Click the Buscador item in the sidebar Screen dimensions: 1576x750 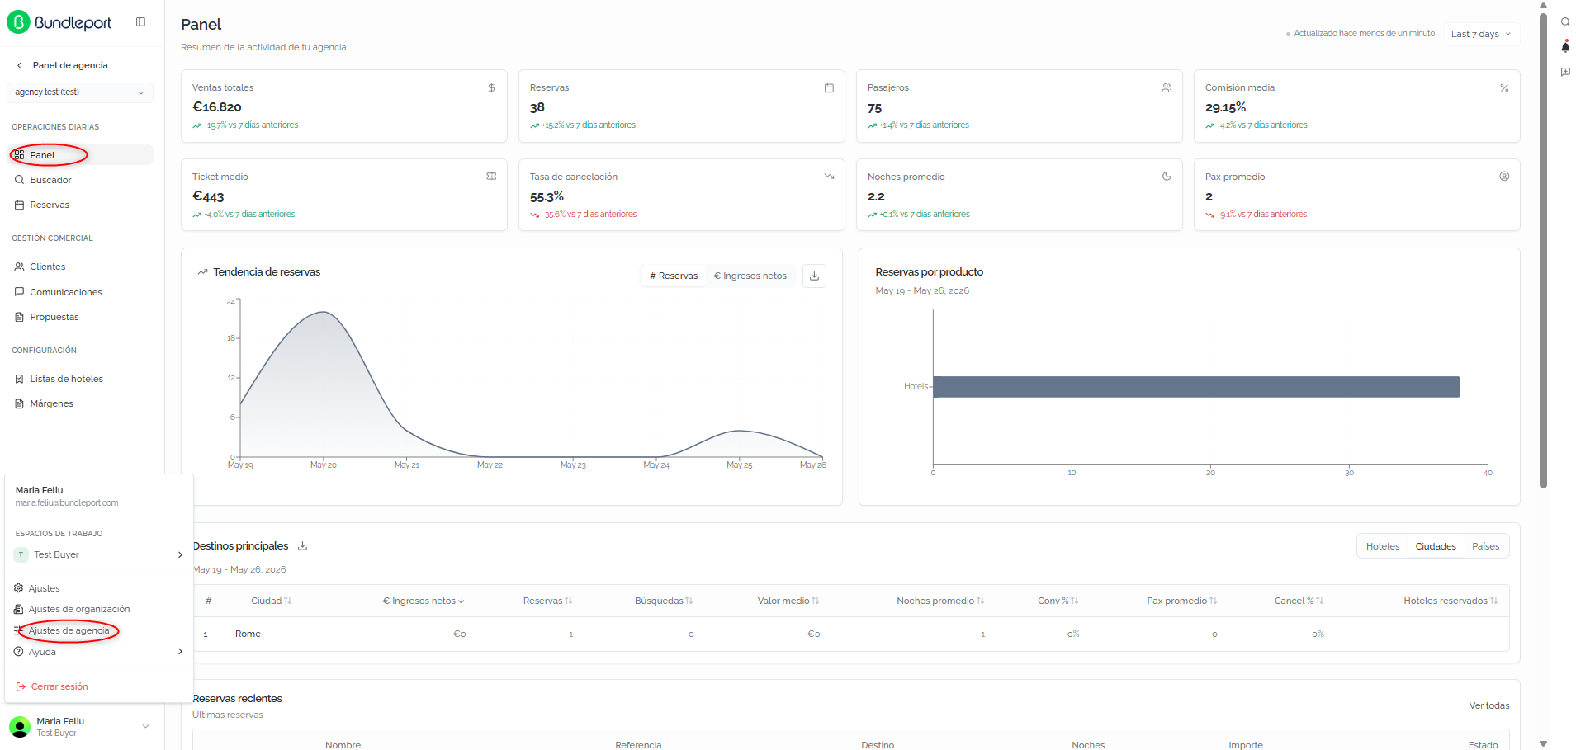coord(50,180)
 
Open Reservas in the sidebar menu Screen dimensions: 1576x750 coord(50,205)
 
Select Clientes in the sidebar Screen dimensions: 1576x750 coord(47,267)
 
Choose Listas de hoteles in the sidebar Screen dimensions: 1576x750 coord(66,379)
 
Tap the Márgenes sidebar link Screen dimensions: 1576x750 coord(51,403)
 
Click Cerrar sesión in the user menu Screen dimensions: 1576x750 coord(59,686)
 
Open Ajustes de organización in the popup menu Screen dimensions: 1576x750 coord(78,609)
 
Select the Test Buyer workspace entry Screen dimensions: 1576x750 coord(56,554)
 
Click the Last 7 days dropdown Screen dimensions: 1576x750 coord(1481,34)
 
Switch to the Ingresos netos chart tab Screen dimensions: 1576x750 coord(750,276)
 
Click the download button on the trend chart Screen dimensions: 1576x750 coord(814,276)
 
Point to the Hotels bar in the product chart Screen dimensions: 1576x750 coord(1196,387)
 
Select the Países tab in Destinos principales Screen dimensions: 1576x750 coord(1485,546)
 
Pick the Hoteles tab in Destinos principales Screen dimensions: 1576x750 coord(1383,546)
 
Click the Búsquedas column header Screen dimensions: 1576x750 coord(664,601)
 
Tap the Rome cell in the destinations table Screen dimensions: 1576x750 coord(248,634)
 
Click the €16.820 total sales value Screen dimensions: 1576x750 coord(217,106)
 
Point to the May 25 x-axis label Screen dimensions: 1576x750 coord(739,465)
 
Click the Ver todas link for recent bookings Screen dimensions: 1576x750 coord(1488,705)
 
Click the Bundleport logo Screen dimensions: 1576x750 coord(59,22)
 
